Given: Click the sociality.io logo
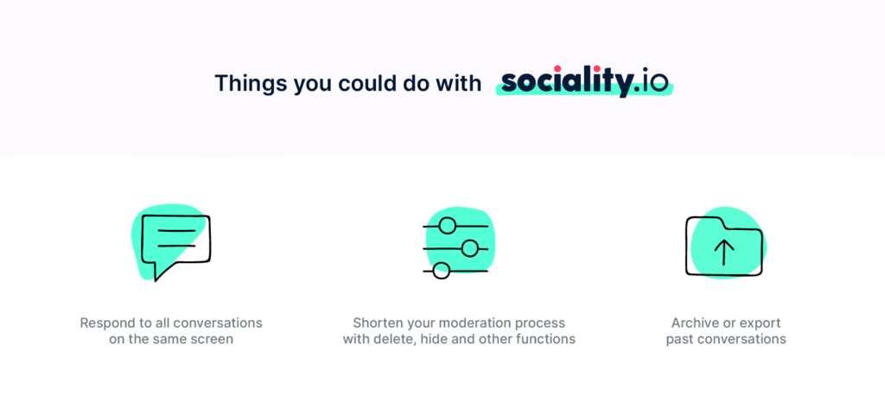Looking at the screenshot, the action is coord(585,82).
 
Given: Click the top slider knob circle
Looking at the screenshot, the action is coord(447,226).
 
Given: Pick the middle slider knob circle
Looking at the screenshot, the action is coord(469,248).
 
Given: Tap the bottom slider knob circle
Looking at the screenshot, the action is coord(442,271).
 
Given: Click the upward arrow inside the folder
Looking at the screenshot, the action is coord(724,252).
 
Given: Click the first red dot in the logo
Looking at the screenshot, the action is coord(557,69).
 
